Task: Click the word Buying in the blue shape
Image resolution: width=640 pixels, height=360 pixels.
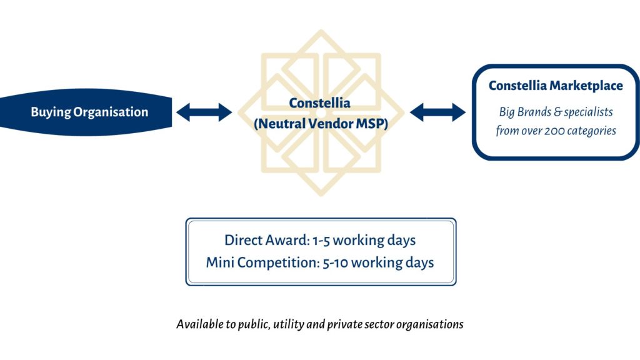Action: [x=51, y=112]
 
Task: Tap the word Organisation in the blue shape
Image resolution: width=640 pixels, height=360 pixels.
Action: [x=111, y=112]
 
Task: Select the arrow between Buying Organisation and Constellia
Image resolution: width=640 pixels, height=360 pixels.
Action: [x=204, y=112]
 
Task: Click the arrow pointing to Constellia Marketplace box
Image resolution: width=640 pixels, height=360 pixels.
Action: [x=437, y=112]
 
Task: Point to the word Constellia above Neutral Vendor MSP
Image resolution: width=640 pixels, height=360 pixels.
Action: [x=319, y=103]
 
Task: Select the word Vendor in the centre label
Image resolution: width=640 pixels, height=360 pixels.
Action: [x=330, y=124]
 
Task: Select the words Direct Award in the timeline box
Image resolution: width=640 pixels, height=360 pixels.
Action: [x=267, y=240]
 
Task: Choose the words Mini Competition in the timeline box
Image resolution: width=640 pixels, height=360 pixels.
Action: [x=262, y=262]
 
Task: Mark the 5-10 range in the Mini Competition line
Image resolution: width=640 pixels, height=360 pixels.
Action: [x=335, y=263]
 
